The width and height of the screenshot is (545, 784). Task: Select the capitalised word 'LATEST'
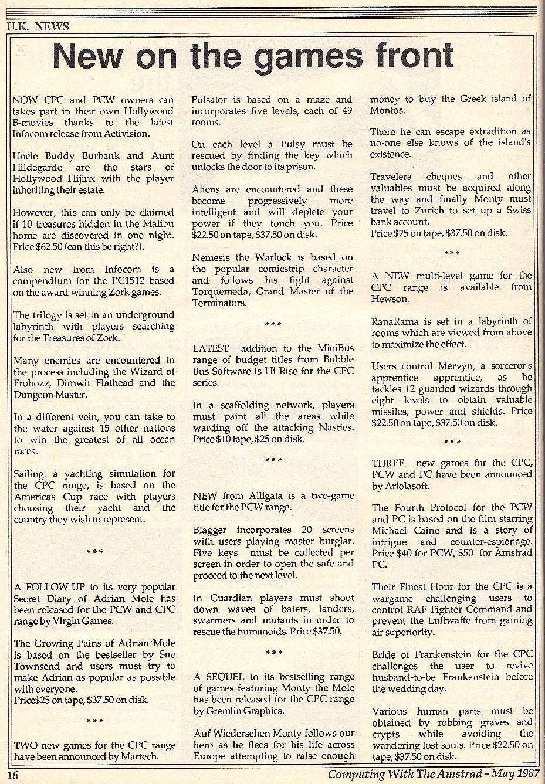[211, 348]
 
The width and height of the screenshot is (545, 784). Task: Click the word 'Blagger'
[210, 530]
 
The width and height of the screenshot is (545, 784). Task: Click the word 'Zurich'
[434, 211]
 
